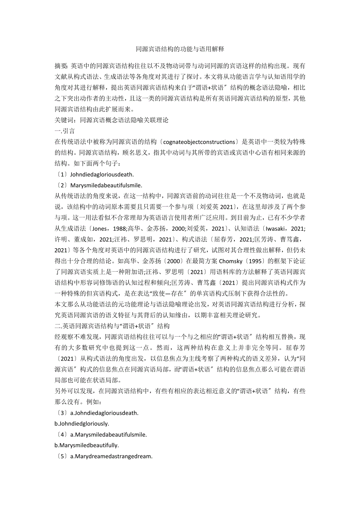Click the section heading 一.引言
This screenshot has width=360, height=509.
[65, 131]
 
